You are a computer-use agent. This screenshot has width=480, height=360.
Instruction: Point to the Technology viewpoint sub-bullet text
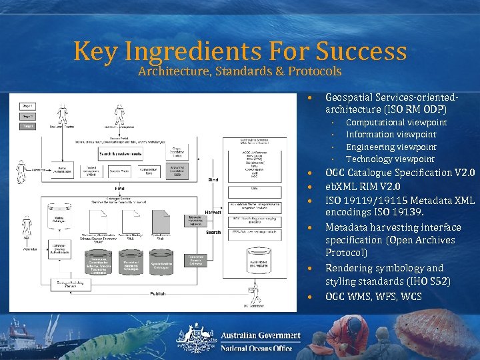click(390, 159)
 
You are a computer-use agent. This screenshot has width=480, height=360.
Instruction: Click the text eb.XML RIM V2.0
click(363, 187)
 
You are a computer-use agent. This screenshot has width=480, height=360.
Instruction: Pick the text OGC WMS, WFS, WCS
click(373, 296)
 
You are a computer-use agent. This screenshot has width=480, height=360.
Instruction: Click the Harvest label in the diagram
click(213, 211)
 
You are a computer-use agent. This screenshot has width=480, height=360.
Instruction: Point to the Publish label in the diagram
click(158, 293)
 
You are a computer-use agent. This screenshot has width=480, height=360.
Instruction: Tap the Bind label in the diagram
click(213, 179)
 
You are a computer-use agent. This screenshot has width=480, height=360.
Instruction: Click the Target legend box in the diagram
click(27, 126)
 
